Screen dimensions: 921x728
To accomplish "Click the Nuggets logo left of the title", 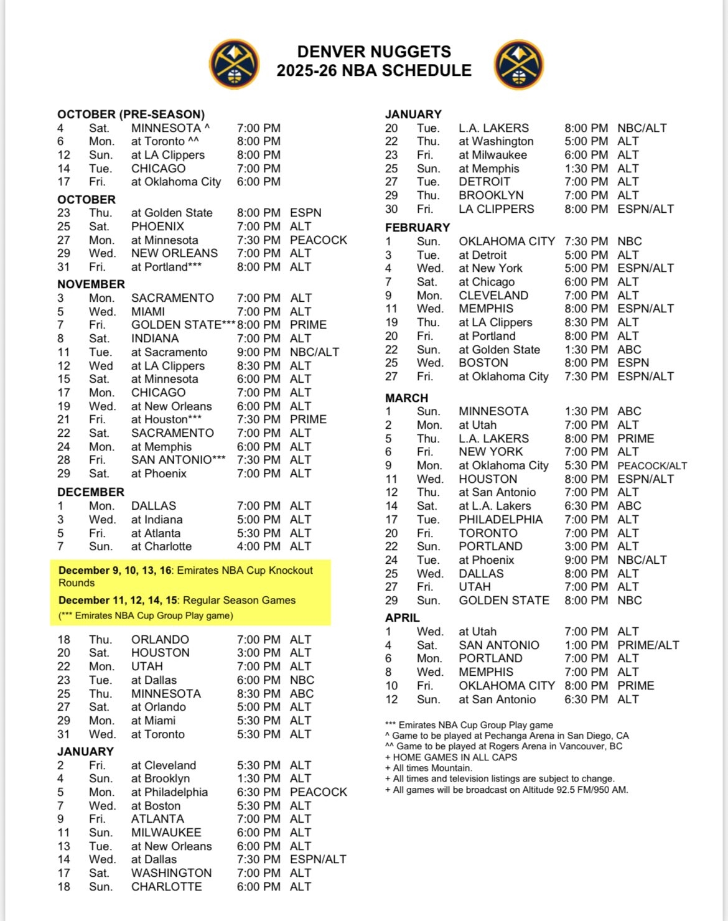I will (x=234, y=64).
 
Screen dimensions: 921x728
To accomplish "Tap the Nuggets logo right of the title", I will (x=518, y=64).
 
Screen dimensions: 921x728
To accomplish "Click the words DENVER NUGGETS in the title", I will (x=374, y=52).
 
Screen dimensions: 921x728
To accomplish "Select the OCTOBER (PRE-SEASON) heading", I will (x=131, y=115).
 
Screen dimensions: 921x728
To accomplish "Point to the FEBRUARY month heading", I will (x=417, y=228).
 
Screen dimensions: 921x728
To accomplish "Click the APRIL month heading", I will (x=402, y=618).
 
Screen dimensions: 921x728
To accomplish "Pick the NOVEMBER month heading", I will (x=91, y=284).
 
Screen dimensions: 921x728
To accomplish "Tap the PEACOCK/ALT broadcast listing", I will (x=651, y=465).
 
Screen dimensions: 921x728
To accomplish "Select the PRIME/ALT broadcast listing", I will (x=648, y=645).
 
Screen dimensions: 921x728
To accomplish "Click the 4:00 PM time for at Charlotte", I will (x=258, y=546).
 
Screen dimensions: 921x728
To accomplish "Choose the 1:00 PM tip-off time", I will (x=586, y=645).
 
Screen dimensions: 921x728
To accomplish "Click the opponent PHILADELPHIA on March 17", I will (x=500, y=520).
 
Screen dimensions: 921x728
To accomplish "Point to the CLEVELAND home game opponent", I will (x=493, y=296).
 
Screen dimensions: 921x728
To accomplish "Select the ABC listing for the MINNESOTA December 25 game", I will (x=301, y=694).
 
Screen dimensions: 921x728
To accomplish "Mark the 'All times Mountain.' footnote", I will (x=429, y=768).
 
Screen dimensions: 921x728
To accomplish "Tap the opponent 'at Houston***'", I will (x=166, y=419).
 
